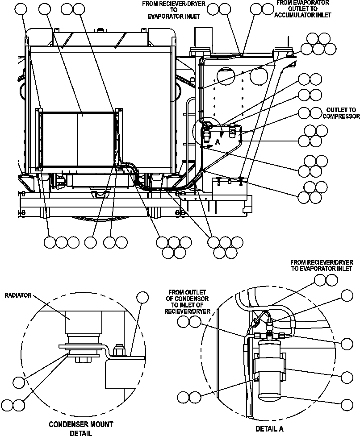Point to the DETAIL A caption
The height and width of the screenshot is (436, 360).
coord(269,429)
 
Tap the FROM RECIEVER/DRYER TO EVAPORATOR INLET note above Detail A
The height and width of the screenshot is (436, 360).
coord(322,265)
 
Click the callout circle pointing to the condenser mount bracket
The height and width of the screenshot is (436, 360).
coord(142,298)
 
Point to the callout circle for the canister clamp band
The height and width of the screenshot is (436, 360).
coord(347,377)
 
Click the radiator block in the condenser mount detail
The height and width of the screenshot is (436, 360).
coord(83,321)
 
